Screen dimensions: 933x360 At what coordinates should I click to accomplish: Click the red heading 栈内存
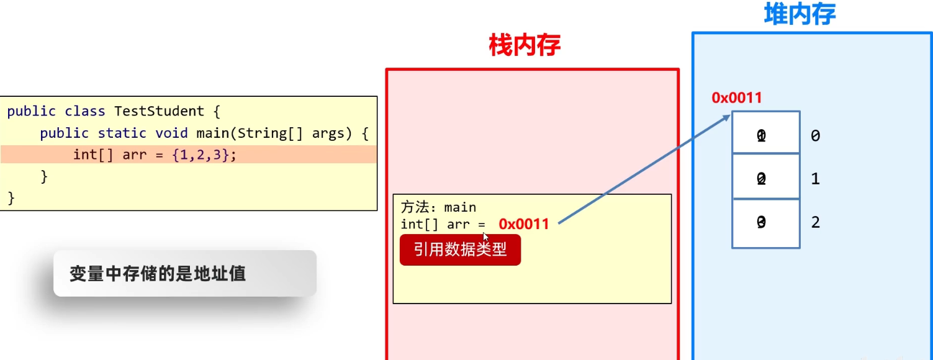tap(525, 45)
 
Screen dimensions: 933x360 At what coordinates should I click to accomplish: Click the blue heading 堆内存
tap(800, 14)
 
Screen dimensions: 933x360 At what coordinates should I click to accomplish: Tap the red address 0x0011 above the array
tap(737, 97)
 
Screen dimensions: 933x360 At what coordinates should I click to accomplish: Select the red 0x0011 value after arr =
tap(524, 224)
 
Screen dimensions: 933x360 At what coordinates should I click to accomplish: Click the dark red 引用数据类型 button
tap(460, 250)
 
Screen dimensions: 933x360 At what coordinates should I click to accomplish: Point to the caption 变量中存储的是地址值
tap(157, 274)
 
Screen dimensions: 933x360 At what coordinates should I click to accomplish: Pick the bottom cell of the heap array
tap(766, 223)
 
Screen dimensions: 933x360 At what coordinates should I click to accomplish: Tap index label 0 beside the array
tap(815, 136)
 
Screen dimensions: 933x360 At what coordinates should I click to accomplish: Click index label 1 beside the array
tap(815, 179)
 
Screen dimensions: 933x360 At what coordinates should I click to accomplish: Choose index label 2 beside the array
tap(815, 222)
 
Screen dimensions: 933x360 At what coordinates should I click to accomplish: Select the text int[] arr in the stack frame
tap(435, 224)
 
